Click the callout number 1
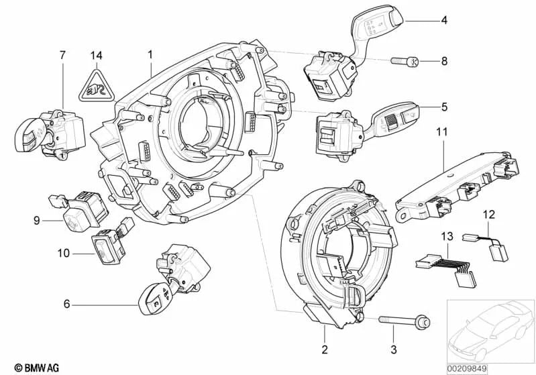[x=150, y=53]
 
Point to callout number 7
[x=62, y=53]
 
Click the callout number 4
[x=444, y=21]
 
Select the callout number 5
[x=444, y=106]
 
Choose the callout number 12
[x=488, y=215]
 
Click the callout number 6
[x=66, y=304]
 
